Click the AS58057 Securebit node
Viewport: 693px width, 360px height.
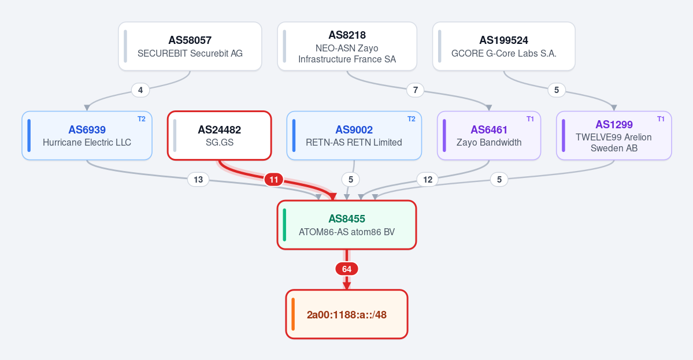[x=190, y=46]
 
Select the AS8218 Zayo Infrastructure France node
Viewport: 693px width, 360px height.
[x=347, y=46]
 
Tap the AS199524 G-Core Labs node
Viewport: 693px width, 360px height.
[x=504, y=46]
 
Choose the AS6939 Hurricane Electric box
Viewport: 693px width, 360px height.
[x=87, y=136]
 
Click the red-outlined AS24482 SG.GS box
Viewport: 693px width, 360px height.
[x=219, y=136]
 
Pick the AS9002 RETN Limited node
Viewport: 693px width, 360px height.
[x=354, y=136]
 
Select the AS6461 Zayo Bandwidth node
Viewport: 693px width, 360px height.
[x=489, y=136]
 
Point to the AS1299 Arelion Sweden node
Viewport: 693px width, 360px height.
[x=614, y=136]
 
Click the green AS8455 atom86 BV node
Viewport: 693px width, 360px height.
[x=347, y=225]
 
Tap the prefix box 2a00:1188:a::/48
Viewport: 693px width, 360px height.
[x=347, y=314]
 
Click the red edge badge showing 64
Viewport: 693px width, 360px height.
[x=347, y=269]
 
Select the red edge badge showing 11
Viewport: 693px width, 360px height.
[x=274, y=180]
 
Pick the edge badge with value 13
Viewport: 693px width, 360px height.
[x=198, y=180]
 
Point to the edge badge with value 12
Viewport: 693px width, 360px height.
[x=427, y=180]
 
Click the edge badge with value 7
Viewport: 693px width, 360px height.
[x=416, y=91]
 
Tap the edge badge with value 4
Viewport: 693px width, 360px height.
[x=140, y=91]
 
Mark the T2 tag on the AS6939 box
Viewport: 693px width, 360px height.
[x=142, y=119]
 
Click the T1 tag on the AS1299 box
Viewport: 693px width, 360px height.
[x=661, y=119]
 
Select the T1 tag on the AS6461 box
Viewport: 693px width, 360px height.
[x=531, y=119]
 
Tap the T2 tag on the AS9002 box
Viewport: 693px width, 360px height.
[x=411, y=119]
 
